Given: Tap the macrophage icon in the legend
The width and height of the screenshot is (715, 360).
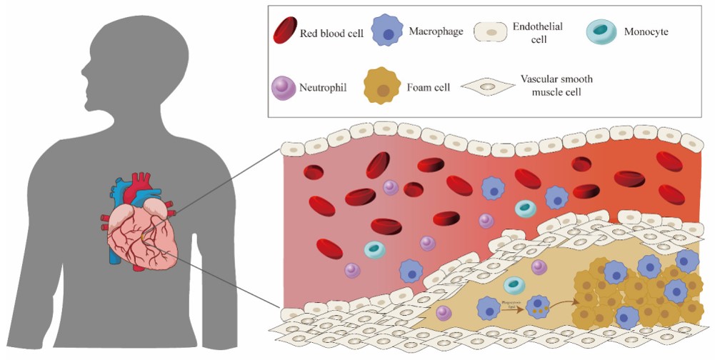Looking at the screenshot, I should pos(387,31).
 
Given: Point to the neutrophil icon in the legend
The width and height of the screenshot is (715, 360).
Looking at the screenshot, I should pos(285,88).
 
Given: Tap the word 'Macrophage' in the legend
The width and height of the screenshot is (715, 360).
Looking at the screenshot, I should pos(436,31).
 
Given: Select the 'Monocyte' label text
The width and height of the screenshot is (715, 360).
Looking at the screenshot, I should pos(646,33).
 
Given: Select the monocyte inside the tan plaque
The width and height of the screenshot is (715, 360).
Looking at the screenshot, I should pos(514,286).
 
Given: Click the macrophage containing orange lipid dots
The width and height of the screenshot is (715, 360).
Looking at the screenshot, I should pos(537,308).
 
